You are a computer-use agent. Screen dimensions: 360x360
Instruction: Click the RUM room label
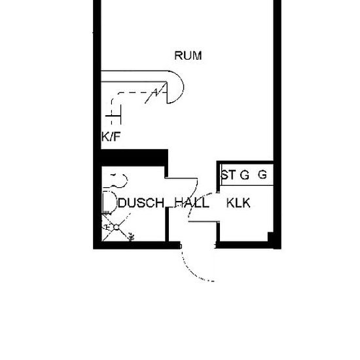click(x=188, y=56)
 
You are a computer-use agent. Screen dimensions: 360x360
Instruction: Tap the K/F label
click(x=111, y=137)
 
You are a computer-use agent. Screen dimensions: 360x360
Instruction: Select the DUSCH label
click(x=141, y=203)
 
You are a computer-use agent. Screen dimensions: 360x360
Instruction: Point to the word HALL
click(x=192, y=203)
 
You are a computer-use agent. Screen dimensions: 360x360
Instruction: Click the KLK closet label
click(x=238, y=203)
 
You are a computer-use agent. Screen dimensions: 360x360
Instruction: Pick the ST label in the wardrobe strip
click(x=228, y=175)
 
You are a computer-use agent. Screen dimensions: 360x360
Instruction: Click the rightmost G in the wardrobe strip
click(x=262, y=175)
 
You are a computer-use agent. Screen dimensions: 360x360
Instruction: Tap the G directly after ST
click(x=245, y=175)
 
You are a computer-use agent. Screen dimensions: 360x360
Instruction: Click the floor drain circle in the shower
click(x=117, y=227)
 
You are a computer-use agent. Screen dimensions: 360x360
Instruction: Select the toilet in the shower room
click(x=109, y=202)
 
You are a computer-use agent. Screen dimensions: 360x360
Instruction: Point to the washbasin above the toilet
click(x=118, y=180)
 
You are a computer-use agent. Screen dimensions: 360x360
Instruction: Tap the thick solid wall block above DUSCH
click(x=135, y=158)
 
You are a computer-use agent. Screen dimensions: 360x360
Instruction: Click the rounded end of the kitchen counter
click(x=175, y=87)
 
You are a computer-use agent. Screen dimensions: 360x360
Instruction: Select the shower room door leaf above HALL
click(x=181, y=178)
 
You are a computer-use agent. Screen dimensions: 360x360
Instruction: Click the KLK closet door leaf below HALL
click(x=203, y=221)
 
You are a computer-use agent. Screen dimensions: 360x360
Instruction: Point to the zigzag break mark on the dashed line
click(x=156, y=93)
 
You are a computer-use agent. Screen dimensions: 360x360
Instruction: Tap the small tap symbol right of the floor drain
click(x=132, y=237)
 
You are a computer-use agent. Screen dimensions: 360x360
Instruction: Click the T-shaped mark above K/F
click(x=113, y=116)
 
